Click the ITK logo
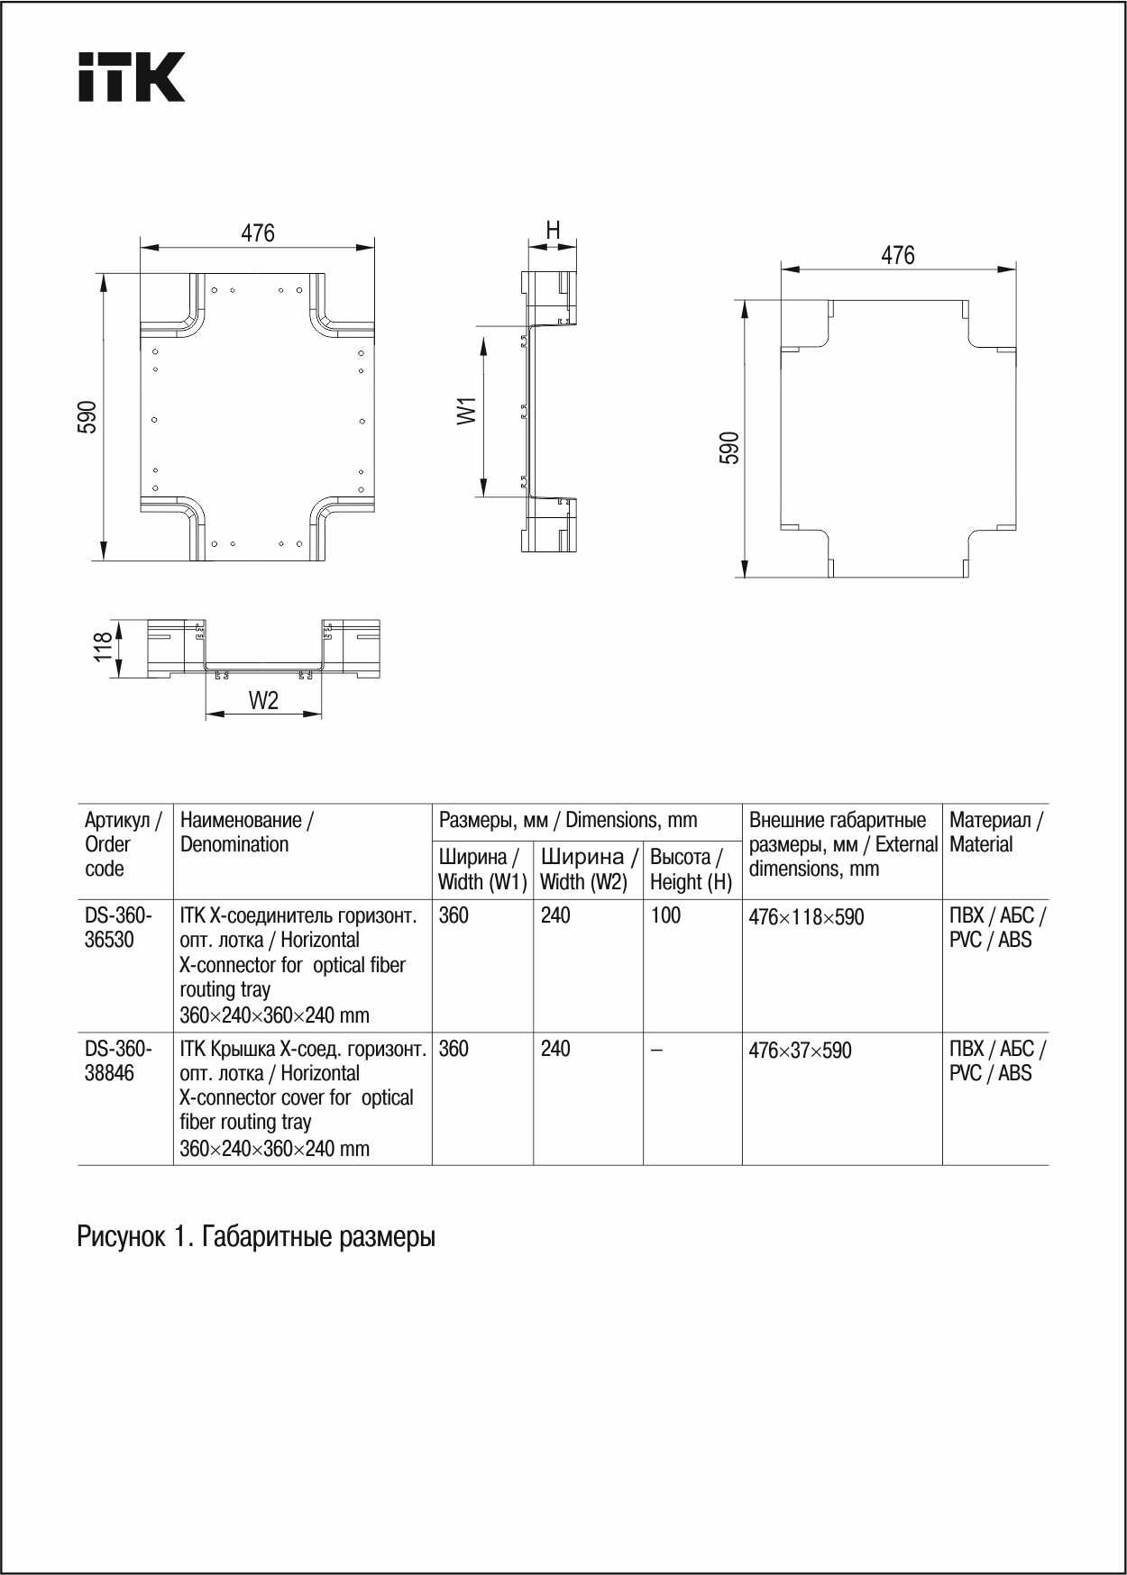[x=132, y=77]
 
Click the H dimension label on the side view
[x=553, y=231]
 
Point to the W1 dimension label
[x=467, y=411]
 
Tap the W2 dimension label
[x=263, y=701]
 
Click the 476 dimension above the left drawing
[x=257, y=233]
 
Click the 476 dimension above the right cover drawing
[x=897, y=256]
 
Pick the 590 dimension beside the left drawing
[x=87, y=416]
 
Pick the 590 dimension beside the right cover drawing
[x=729, y=448]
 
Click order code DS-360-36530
[x=118, y=927]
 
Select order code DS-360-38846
[x=118, y=1061]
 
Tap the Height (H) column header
[x=691, y=869]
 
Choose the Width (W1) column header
[x=482, y=869]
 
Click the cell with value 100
[x=665, y=915]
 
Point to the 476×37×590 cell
[x=800, y=1051]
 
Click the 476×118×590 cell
[x=806, y=917]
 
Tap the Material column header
[x=994, y=832]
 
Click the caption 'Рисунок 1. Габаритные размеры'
[x=256, y=1236]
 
